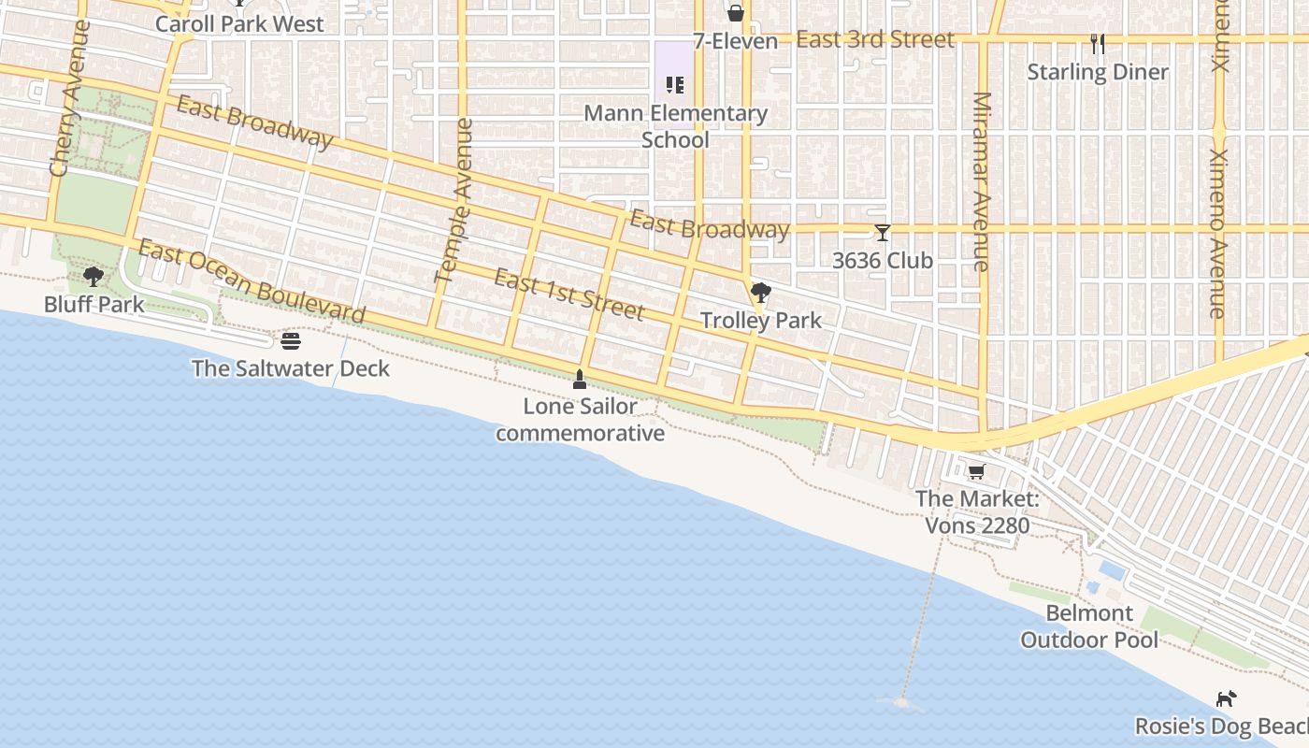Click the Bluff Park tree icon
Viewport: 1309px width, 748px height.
coord(93,276)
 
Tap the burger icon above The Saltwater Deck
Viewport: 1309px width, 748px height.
coord(291,341)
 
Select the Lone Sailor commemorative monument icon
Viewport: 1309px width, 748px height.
coord(580,380)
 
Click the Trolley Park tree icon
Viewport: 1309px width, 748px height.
coord(761,293)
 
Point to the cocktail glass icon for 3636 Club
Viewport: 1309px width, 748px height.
coord(883,233)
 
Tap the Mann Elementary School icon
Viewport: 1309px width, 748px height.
coord(675,86)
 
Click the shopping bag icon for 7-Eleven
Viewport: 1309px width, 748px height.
coord(736,13)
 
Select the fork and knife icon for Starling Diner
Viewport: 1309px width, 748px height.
coord(1098,43)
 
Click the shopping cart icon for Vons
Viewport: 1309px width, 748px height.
coord(976,471)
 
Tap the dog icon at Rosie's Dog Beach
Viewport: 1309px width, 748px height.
coord(1226,698)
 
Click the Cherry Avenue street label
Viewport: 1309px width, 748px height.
coord(70,99)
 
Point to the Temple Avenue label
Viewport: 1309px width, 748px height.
coord(455,200)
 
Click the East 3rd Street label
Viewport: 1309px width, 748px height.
coord(875,39)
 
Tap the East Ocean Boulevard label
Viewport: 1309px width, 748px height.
coord(251,280)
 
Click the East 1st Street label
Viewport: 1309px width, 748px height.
coord(569,294)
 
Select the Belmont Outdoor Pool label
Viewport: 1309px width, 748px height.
coord(1089,626)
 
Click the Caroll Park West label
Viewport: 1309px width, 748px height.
coord(239,24)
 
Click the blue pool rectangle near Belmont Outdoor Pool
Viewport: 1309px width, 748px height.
coord(1112,569)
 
